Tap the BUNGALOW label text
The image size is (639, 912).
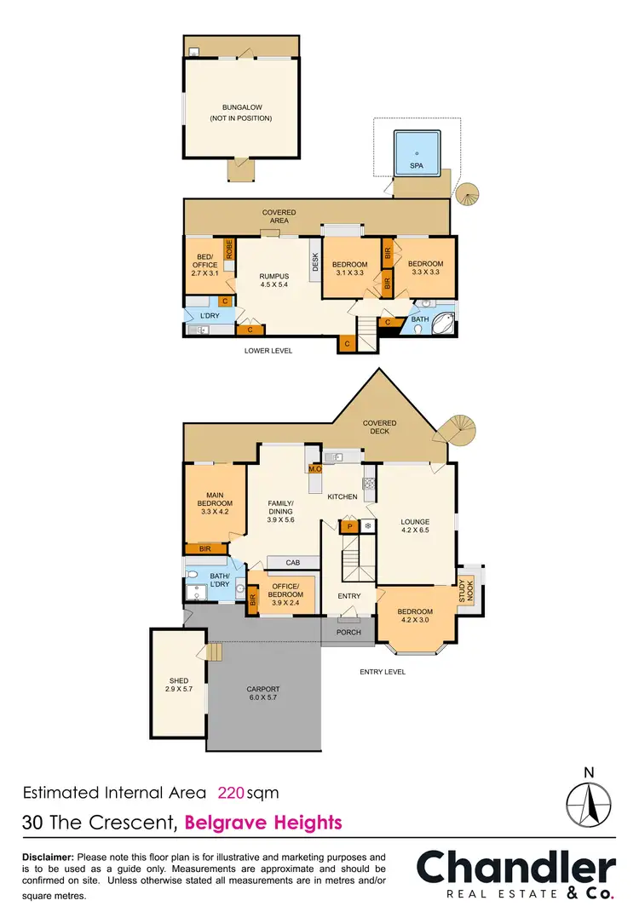coord(241,107)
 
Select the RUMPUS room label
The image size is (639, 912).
coord(274,276)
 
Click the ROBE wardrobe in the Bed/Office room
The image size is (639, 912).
coord(229,249)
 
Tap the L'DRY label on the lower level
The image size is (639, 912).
coord(210,317)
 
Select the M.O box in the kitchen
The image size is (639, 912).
coord(314,468)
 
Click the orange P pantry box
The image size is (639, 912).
coord(349,527)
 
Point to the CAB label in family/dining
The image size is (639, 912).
coord(293,562)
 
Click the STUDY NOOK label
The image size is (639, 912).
coord(468,591)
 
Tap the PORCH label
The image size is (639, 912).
coord(349,632)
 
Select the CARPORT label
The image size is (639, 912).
coord(262,690)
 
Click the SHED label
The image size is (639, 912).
coord(178,680)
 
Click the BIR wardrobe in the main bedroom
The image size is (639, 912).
coord(205,549)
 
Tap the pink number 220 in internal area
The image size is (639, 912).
coord(231,793)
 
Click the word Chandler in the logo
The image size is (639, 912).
coord(515,869)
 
